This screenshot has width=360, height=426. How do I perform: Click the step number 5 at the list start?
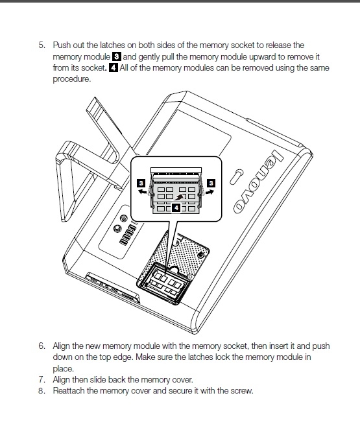[42, 45]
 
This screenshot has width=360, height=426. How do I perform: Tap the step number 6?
[42, 346]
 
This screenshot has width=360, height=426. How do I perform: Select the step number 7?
[42, 379]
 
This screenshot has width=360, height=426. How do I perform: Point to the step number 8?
[42, 391]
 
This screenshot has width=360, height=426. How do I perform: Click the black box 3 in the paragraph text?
[116, 57]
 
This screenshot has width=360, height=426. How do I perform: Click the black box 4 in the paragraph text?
[114, 67]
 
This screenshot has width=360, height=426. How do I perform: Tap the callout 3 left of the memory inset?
[141, 183]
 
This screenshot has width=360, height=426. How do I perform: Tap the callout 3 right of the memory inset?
[211, 183]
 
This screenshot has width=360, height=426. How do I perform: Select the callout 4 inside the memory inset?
[176, 208]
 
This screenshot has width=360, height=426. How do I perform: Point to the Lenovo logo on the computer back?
[259, 181]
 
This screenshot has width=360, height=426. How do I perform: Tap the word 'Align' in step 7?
[61, 379]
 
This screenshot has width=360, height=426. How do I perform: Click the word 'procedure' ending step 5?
[71, 79]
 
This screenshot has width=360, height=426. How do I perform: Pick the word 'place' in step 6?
[63, 369]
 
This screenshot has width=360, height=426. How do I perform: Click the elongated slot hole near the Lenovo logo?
[237, 177]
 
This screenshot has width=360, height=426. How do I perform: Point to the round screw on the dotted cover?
[200, 255]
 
